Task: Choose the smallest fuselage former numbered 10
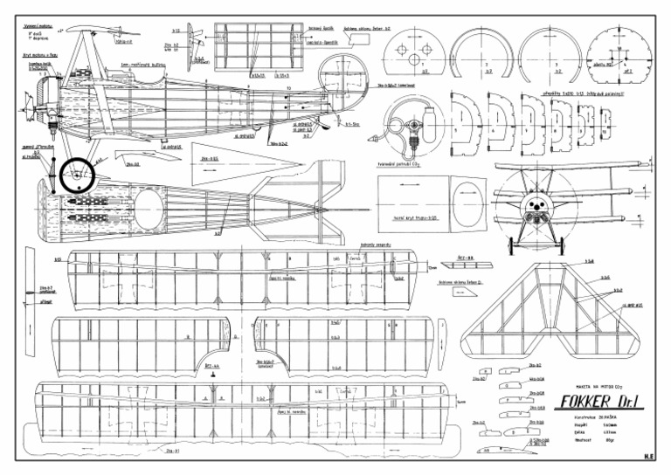point(606,130)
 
